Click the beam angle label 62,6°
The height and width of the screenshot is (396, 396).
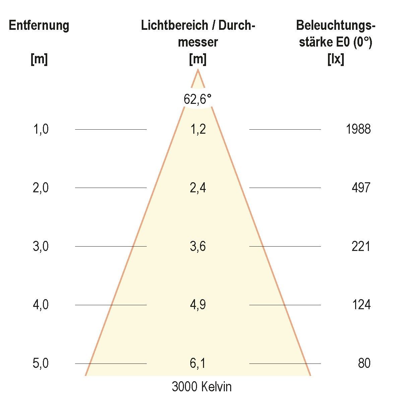198,99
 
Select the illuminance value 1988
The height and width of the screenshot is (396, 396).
358,129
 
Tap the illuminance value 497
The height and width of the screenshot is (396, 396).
361,188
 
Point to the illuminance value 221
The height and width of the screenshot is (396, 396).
361,247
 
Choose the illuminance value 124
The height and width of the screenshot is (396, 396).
361,305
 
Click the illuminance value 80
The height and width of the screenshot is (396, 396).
364,364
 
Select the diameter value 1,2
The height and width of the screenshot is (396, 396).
198,129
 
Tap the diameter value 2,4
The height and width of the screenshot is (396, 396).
198,188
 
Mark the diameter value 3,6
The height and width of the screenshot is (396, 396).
198,247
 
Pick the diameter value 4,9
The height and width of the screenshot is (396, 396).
198,305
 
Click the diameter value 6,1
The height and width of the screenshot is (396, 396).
198,364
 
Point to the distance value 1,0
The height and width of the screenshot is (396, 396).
41,129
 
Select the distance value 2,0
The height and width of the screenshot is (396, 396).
41,188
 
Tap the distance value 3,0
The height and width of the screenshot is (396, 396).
41,247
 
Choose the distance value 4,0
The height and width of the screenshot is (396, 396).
41,305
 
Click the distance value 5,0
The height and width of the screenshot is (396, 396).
41,364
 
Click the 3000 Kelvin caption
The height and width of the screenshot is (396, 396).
201,387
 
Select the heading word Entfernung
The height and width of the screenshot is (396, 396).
39,26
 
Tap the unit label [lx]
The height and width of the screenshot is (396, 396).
336,60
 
